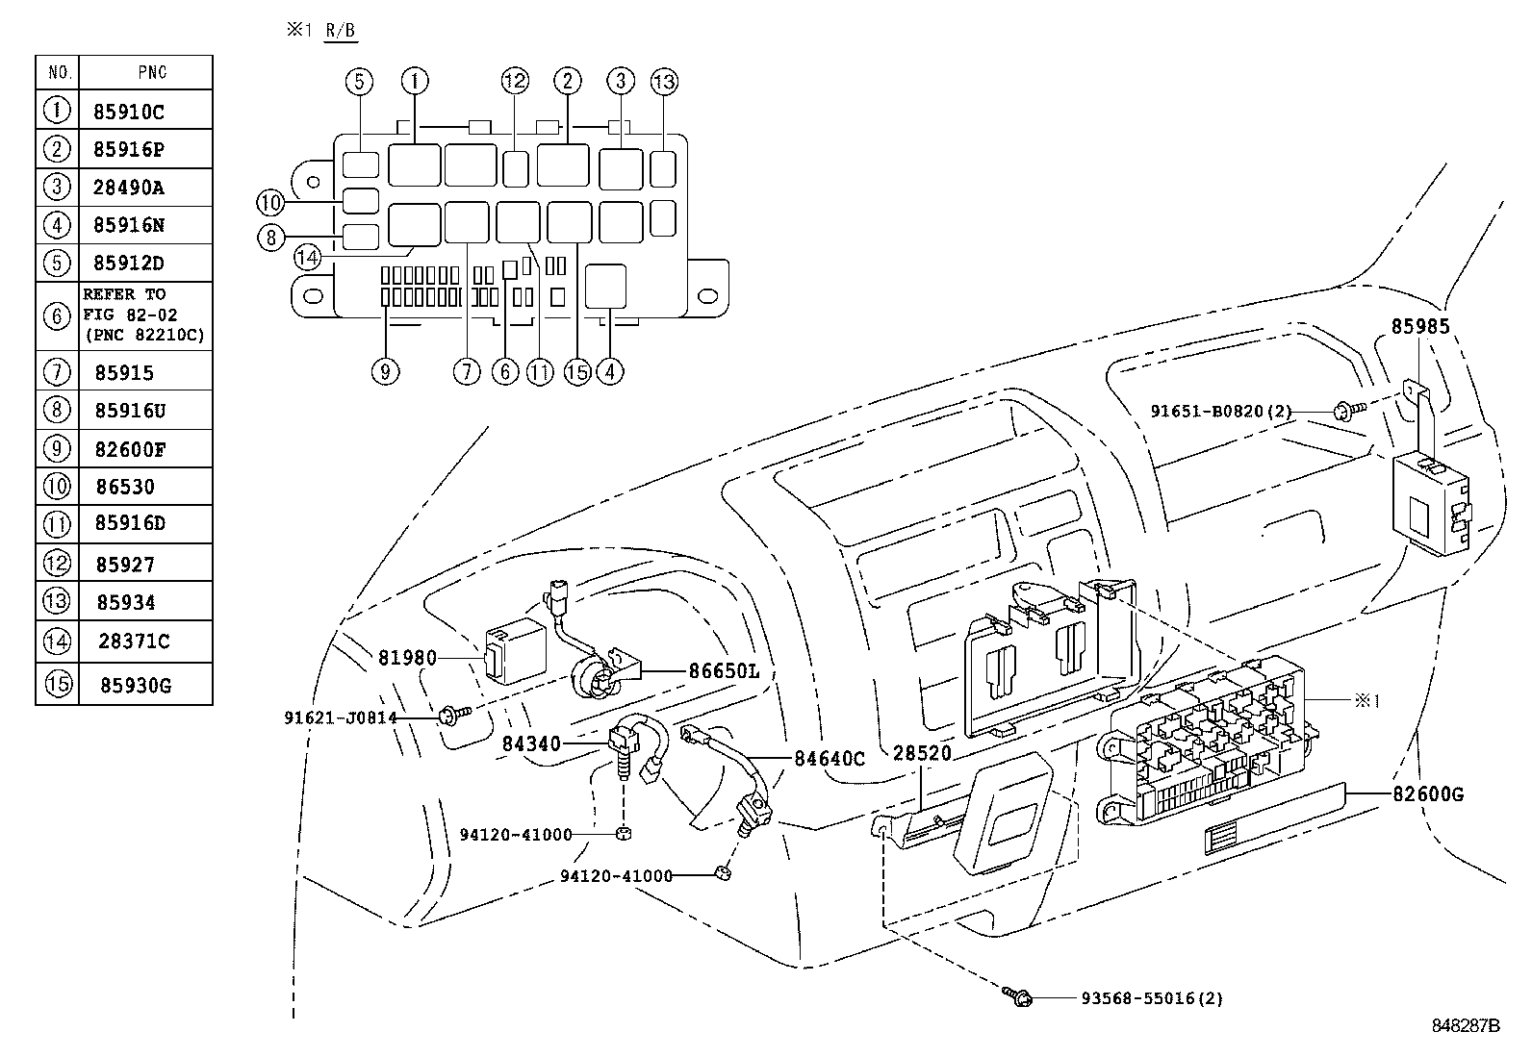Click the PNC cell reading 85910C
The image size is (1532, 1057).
(x=129, y=112)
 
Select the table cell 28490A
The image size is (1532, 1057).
(x=129, y=188)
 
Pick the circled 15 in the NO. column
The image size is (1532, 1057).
(x=58, y=685)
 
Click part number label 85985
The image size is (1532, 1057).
(x=1419, y=327)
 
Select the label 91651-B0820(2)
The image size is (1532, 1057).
(x=1221, y=412)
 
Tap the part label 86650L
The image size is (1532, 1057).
(x=723, y=671)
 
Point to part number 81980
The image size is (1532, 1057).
(x=407, y=658)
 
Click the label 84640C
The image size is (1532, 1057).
(x=830, y=759)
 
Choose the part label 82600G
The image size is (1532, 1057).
(x=1427, y=794)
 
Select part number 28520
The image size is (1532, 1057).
(x=922, y=752)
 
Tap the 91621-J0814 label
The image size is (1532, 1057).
(x=341, y=717)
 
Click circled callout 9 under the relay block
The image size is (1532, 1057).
(x=384, y=371)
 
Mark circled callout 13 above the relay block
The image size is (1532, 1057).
(x=664, y=82)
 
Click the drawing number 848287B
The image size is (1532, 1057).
(x=1465, y=1025)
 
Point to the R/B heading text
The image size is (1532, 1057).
(x=339, y=31)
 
